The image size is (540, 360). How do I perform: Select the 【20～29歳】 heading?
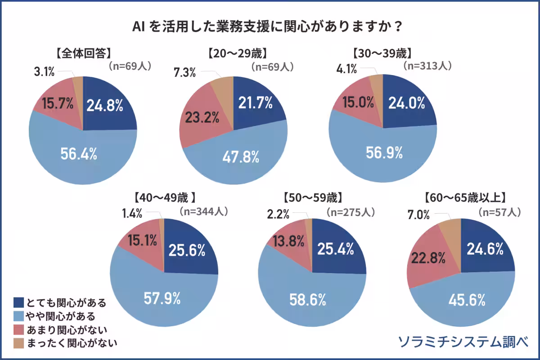(238, 53)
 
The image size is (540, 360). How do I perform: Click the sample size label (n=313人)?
(427, 66)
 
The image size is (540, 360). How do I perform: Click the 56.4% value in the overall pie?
(79, 154)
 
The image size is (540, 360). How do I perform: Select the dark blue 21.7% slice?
(255, 103)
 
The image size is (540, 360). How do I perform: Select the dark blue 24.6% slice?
(485, 249)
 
